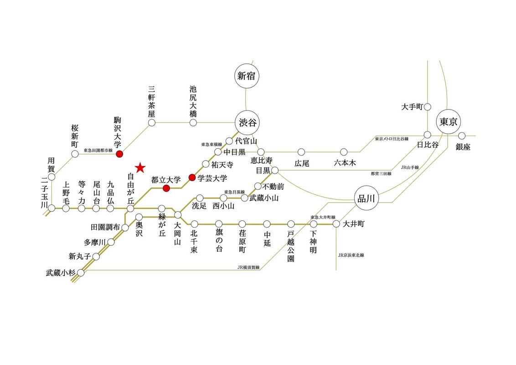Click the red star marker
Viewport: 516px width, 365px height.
coord(140,168)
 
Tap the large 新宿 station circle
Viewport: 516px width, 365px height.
coord(247,76)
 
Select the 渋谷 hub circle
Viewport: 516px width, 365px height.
coord(247,123)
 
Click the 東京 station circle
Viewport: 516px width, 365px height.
coord(448,121)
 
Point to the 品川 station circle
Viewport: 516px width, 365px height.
coord(366,198)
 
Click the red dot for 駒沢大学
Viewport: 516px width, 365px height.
coord(120,153)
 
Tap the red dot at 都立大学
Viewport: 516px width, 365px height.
coord(166,188)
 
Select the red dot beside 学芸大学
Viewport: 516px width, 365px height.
coord(192,177)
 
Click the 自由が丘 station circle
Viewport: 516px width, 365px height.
coord(130,208)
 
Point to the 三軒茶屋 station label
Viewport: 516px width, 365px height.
coord(151,102)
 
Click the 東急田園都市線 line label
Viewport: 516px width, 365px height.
coord(98,150)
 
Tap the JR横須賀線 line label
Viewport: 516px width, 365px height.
coord(248,267)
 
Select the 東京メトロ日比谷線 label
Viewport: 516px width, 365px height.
coord(392,139)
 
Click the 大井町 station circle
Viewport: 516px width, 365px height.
coord(336,224)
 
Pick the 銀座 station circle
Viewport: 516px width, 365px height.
coord(462,136)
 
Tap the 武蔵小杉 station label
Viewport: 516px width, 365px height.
coord(61,273)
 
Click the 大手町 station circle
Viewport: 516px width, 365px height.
coord(428,107)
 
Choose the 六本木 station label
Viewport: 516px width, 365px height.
coord(345,163)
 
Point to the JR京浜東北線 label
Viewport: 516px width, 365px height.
coord(351,255)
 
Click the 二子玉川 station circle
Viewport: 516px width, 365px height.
coord(52,208)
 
